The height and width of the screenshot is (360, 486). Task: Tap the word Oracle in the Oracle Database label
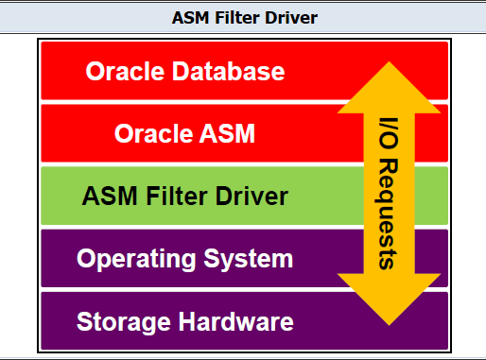point(123,71)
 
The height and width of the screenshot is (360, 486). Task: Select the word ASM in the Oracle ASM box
point(227,133)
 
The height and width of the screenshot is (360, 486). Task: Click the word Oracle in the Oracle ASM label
point(151,133)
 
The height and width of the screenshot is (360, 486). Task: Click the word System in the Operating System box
point(253,258)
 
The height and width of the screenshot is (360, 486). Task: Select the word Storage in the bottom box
point(116,320)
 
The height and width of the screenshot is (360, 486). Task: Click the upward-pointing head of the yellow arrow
point(389,80)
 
